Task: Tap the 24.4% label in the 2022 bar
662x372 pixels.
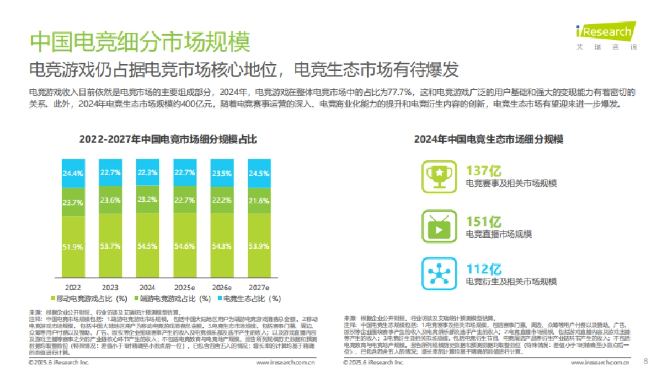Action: coord(73,173)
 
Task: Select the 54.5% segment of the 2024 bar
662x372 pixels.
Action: coord(147,246)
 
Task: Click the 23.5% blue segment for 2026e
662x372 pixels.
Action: coord(222,173)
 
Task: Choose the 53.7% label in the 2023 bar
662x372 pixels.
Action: coord(110,246)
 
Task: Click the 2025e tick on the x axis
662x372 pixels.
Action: coord(184,288)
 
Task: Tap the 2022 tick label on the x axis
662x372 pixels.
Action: coord(73,288)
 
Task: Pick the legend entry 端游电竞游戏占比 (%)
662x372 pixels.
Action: coord(170,299)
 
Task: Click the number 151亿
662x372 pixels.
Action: coord(484,221)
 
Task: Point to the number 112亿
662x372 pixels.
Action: coord(484,269)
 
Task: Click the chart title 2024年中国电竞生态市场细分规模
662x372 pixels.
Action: coord(488,139)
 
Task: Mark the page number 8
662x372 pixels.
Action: coord(646,361)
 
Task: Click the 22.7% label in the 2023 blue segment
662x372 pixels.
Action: coord(110,172)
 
